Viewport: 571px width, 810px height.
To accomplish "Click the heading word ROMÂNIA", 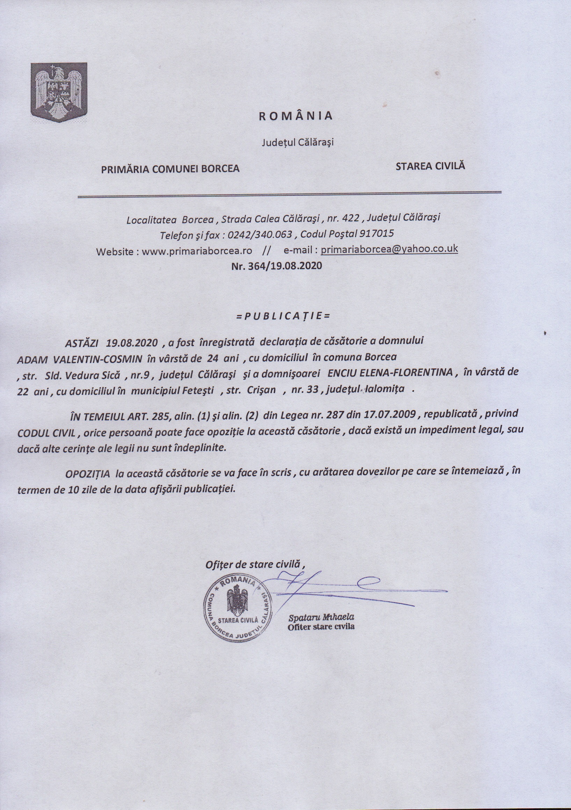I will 296,116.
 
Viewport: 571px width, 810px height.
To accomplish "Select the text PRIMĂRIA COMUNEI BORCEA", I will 171,169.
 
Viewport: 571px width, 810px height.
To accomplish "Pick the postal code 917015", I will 379,233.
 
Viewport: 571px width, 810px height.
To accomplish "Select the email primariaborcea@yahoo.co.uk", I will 389,249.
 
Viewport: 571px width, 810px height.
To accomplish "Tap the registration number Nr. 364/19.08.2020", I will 277,266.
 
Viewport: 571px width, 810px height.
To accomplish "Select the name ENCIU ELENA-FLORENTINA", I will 390,373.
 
